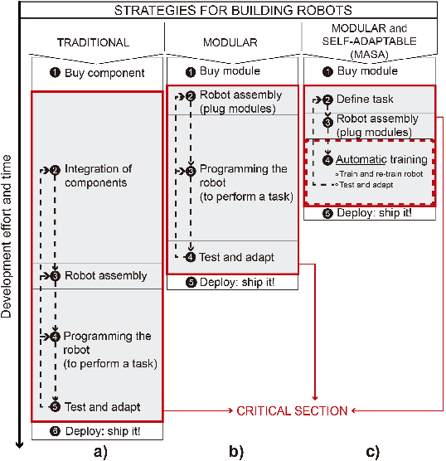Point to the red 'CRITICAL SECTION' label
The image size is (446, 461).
point(293,410)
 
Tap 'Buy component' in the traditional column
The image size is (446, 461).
point(104,73)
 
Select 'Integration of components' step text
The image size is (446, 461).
point(99,175)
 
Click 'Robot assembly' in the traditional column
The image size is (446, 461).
point(106,276)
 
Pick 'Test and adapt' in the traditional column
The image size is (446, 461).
point(102,407)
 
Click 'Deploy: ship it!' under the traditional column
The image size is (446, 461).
point(104,432)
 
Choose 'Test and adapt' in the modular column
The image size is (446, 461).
point(236,257)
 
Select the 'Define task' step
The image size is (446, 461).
point(365,99)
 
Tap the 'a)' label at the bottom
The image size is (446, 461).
point(99,452)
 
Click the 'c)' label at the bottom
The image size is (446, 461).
point(372,452)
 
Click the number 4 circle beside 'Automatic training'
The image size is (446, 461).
point(328,159)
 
